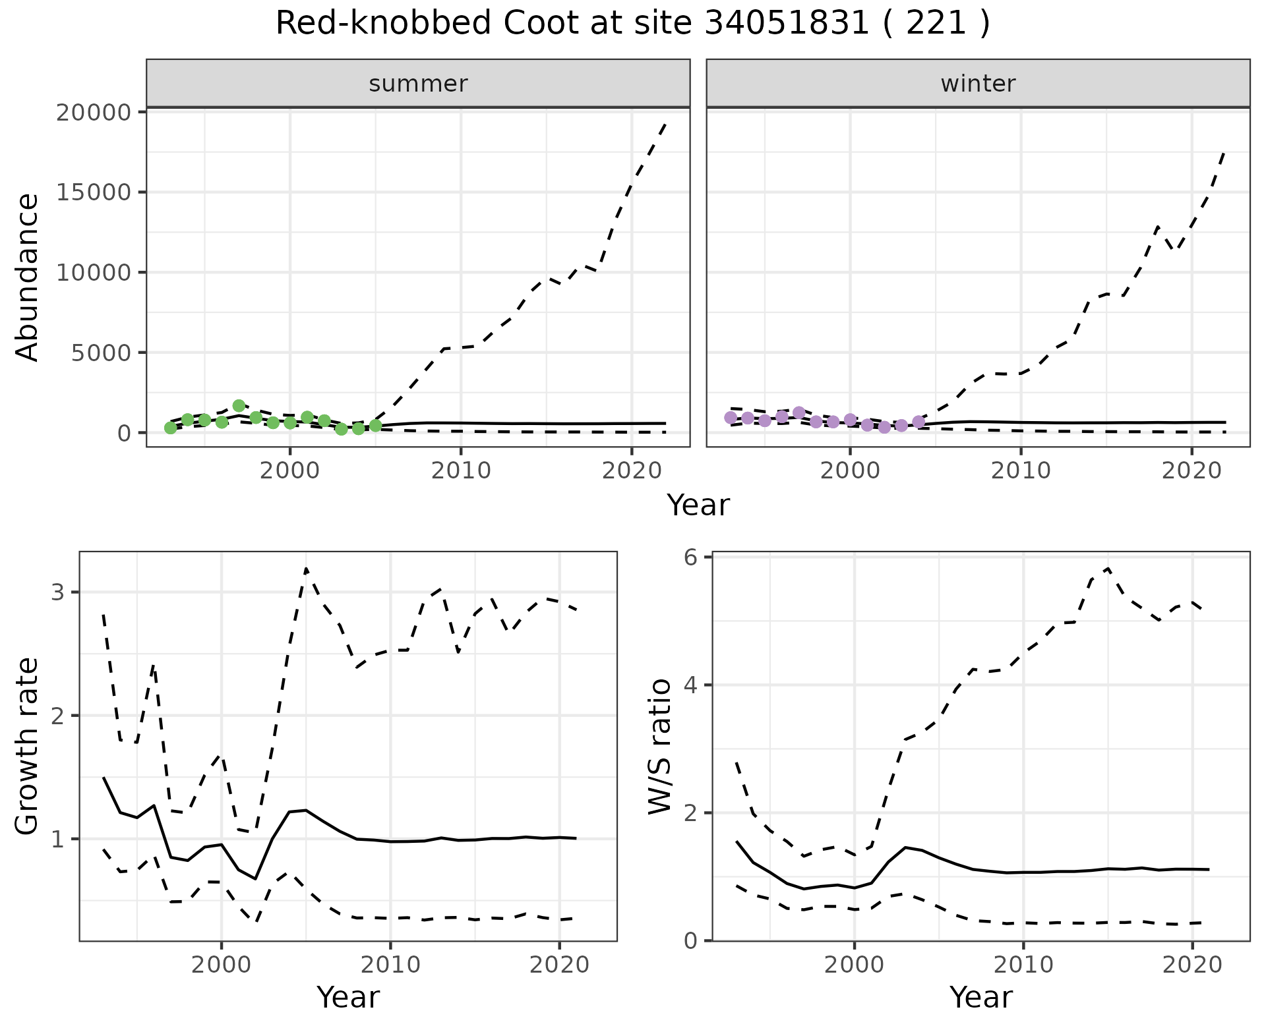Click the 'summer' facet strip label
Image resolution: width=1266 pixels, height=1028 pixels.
pos(418,84)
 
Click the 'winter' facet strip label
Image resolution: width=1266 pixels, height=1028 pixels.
pos(978,84)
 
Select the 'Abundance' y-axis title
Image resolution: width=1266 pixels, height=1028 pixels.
pos(27,277)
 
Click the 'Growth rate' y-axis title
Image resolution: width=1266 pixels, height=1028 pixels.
pos(27,747)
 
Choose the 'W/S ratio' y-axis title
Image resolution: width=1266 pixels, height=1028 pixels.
pos(660,747)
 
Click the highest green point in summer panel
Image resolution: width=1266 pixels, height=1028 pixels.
pos(239,406)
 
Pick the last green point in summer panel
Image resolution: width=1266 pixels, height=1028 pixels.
pos(375,426)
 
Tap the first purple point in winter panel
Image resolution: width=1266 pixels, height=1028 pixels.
pos(731,417)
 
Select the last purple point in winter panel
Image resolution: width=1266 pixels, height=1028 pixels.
pos(919,422)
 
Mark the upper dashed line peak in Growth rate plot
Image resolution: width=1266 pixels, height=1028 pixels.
pos(306,568)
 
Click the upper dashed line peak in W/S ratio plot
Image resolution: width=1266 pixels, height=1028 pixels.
pos(1108,568)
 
